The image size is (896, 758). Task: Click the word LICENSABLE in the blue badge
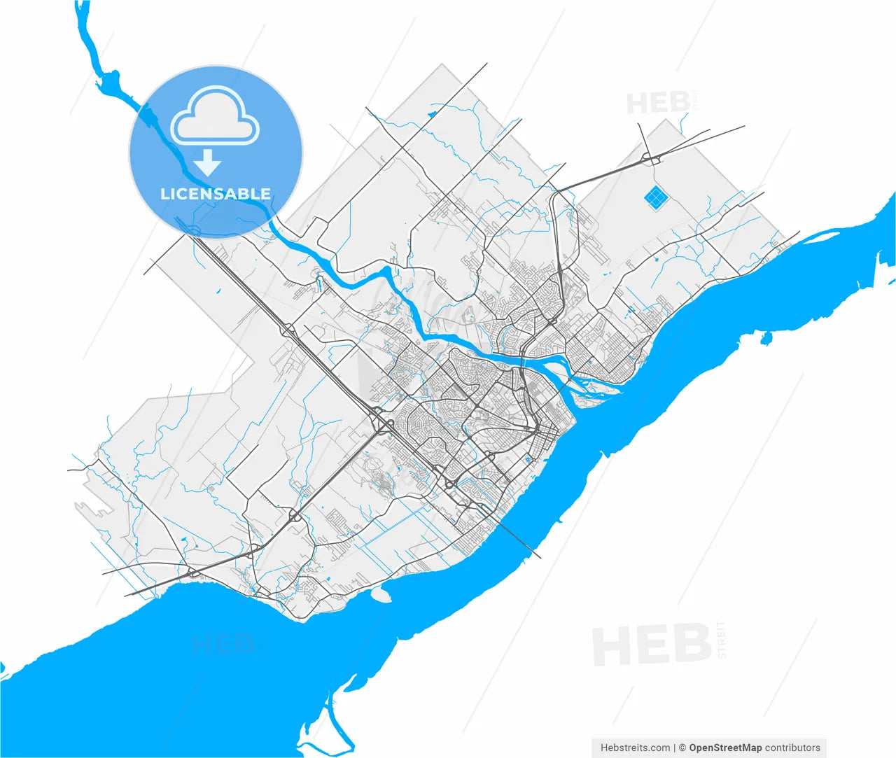tap(216, 194)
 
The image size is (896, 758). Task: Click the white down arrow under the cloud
tap(207, 162)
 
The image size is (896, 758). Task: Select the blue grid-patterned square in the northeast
tap(655, 198)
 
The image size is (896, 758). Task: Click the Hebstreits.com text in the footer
tap(635, 748)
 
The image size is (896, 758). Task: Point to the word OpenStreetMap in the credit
tap(725, 748)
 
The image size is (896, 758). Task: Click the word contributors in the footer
tap(792, 748)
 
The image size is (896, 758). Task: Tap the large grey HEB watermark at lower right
tap(652, 645)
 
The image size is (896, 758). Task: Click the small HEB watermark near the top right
tap(658, 104)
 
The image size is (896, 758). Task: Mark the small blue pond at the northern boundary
tap(431, 113)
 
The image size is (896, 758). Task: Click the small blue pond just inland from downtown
tap(527, 460)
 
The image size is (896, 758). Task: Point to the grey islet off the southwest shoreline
tap(381, 595)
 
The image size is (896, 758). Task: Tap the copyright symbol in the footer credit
tap(682, 748)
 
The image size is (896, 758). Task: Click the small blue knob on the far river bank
tap(766, 339)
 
